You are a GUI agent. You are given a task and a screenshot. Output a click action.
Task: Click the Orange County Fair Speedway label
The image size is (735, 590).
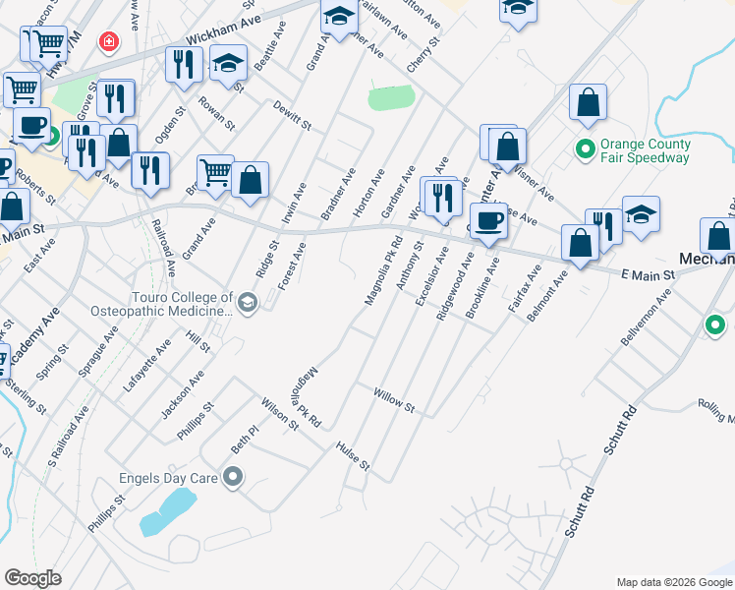point(646,150)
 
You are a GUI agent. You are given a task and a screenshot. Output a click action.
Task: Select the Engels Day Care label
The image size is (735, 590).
point(167,479)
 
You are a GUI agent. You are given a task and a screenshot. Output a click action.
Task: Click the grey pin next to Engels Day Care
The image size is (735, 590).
point(233,479)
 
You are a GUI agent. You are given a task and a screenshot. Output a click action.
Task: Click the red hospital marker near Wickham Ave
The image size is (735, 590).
point(108,42)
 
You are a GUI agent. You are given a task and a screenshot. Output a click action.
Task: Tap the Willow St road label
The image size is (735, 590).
point(395,400)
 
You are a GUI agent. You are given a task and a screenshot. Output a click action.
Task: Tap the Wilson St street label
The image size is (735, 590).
point(279,414)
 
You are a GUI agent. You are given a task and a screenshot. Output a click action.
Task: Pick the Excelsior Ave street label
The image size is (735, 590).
point(432,276)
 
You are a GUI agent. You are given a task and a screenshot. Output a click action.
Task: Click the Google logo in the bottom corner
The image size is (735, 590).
point(32,578)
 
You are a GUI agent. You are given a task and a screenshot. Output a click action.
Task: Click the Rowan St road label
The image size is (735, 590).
point(215,114)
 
